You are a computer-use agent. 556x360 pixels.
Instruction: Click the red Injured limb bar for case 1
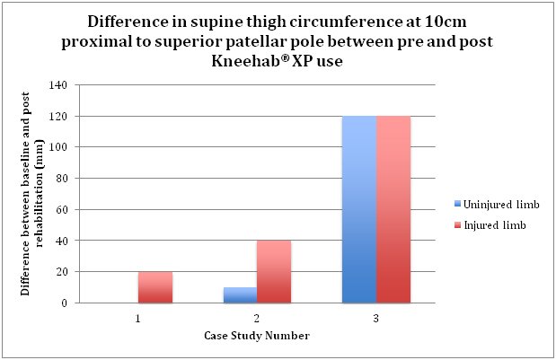pyautogui.click(x=154, y=287)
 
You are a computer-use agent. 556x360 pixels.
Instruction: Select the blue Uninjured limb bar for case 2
pyautogui.click(x=240, y=295)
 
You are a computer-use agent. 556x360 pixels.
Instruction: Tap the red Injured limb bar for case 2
pyautogui.click(x=274, y=272)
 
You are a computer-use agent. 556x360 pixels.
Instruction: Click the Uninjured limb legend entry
pyautogui.click(x=490, y=204)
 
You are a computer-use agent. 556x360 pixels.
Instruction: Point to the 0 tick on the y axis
pyautogui.click(x=66, y=303)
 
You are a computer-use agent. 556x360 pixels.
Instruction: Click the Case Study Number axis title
pyautogui.click(x=257, y=337)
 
